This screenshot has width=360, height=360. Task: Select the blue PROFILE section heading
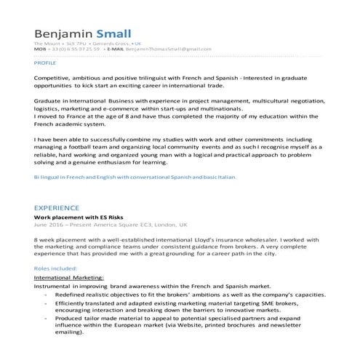tap(45, 63)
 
